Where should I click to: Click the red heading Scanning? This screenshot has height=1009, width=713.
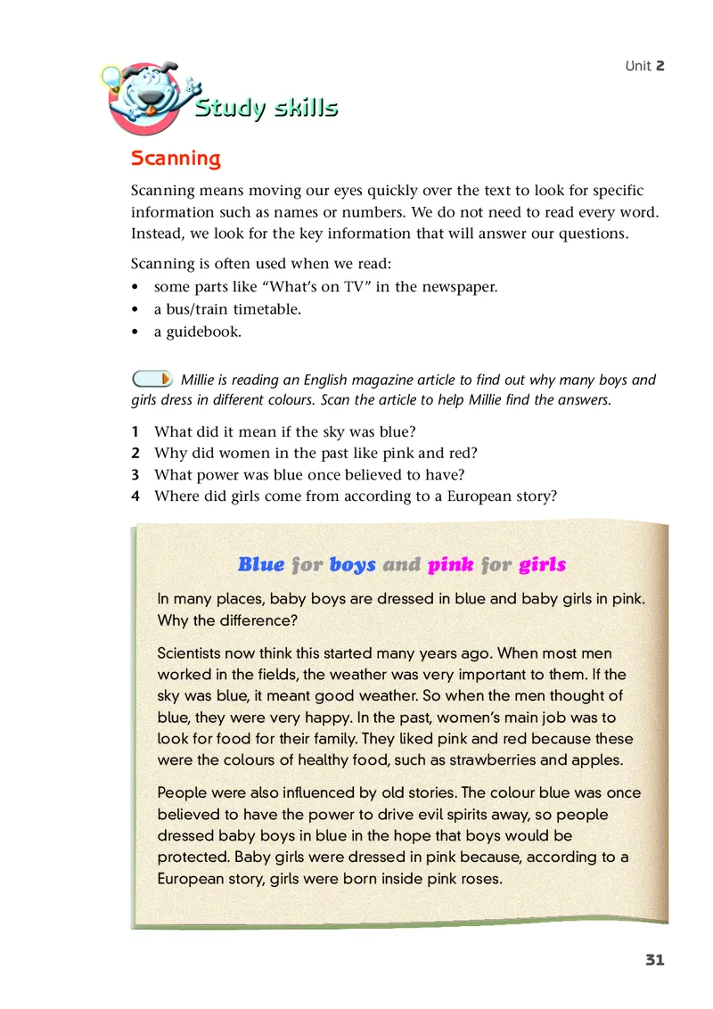(x=176, y=159)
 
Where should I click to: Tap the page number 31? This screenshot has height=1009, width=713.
(x=654, y=960)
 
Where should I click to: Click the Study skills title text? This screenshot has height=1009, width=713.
(x=266, y=109)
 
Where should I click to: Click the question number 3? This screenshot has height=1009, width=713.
(x=135, y=474)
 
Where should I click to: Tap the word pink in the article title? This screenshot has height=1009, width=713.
(x=450, y=564)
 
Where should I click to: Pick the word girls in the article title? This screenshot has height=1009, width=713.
(x=542, y=564)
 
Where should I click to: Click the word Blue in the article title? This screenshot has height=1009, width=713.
(x=261, y=564)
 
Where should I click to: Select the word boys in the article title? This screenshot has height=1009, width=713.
(x=352, y=564)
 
